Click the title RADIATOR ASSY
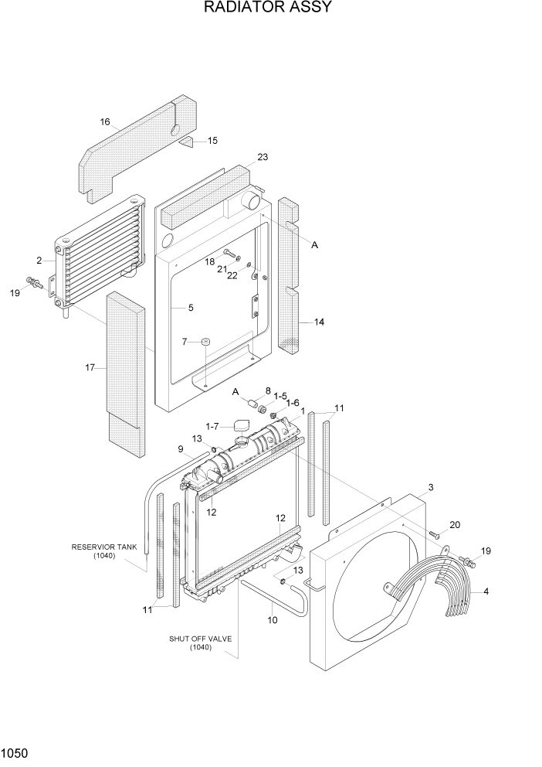(x=268, y=9)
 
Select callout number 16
(x=105, y=121)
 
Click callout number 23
(x=263, y=157)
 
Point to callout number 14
(x=319, y=322)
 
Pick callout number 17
(x=90, y=367)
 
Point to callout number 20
(x=455, y=525)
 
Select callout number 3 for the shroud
(x=431, y=487)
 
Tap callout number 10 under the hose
(x=271, y=619)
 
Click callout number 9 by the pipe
(x=181, y=449)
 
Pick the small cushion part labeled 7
(x=206, y=342)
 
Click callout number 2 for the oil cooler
(x=39, y=261)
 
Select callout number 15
(x=212, y=140)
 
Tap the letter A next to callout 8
(x=236, y=392)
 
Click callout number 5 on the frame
(x=190, y=307)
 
